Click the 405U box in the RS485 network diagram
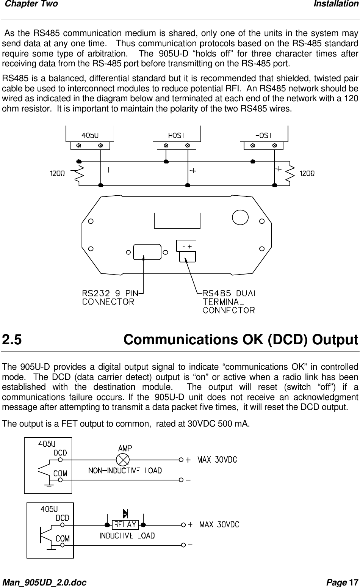[90, 135]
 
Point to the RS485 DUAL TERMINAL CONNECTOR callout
[230, 302]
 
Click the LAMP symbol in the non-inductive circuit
[123, 460]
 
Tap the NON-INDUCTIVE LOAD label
[125, 471]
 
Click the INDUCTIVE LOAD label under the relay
[127, 536]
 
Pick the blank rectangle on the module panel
[177, 220]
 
